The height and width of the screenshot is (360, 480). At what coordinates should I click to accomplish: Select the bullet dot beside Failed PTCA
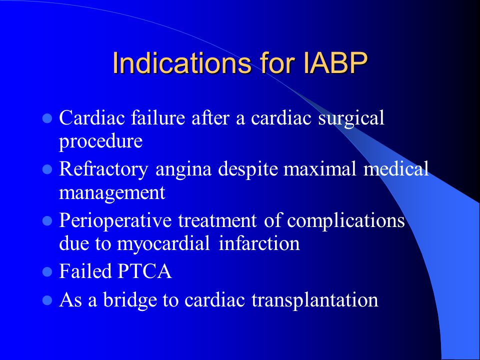(47, 272)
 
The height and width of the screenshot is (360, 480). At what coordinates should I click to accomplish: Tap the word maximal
(320, 168)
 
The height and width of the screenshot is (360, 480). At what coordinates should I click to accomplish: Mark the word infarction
(259, 243)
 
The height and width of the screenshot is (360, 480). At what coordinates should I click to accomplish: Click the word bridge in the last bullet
(129, 299)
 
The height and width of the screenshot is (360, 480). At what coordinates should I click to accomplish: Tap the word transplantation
(315, 300)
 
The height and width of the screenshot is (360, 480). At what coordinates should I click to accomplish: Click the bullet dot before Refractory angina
(47, 169)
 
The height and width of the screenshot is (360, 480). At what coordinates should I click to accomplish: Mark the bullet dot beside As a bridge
(47, 300)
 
